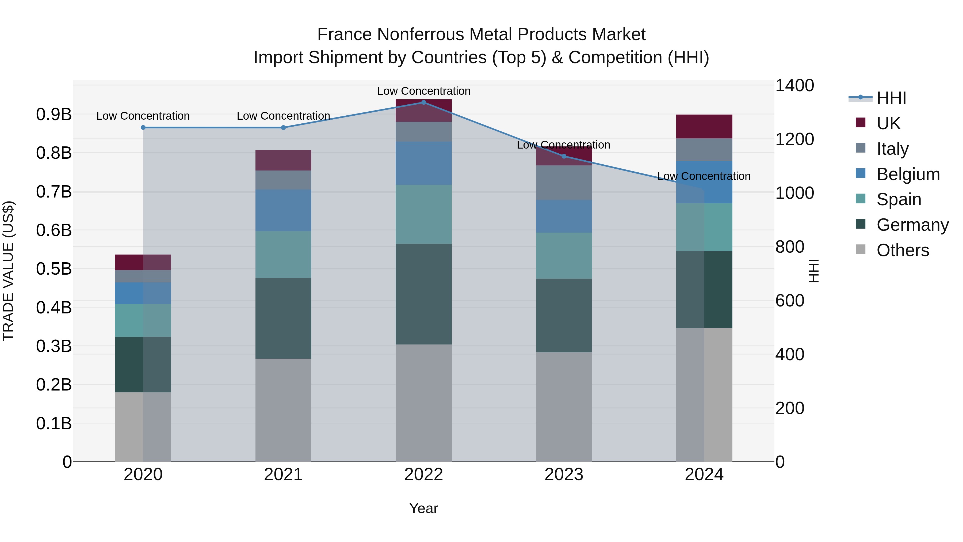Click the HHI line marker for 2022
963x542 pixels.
point(423,103)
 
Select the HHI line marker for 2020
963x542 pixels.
point(143,128)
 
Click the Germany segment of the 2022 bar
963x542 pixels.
point(423,294)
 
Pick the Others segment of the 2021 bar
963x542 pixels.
point(283,410)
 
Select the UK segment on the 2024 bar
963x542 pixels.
point(704,126)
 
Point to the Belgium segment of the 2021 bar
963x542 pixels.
point(283,210)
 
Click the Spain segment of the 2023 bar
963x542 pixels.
point(564,256)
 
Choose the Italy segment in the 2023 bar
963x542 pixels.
point(564,183)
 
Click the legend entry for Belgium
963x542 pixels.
point(908,174)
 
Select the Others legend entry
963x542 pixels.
point(903,250)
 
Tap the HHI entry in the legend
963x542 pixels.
point(891,98)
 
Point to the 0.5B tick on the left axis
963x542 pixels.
point(54,268)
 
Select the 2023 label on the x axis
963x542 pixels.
point(564,475)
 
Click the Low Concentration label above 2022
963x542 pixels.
point(423,91)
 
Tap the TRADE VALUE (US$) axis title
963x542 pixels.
point(8,271)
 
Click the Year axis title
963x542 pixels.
point(423,508)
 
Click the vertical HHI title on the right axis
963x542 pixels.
point(814,271)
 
